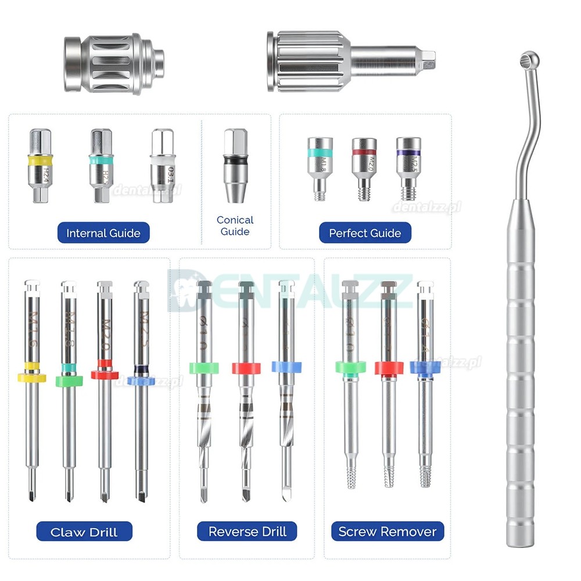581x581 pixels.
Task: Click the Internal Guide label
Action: coord(103,233)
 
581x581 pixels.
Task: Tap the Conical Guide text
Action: coord(235,225)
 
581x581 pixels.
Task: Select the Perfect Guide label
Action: coord(365,233)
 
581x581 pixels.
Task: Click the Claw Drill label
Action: coord(84,532)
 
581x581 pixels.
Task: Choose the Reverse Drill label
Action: coord(248,532)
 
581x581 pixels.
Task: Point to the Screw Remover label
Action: coord(388,532)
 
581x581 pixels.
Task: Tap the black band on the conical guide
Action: coord(235,159)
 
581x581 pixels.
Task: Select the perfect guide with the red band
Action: coord(364,168)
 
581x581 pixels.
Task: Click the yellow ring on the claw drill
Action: coord(32,377)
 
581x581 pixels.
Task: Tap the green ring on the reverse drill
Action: coord(204,367)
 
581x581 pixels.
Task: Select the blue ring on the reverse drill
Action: coord(286,367)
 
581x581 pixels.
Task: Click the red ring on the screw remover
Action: coord(389,367)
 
